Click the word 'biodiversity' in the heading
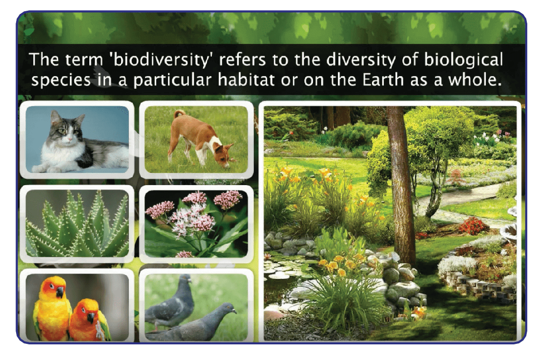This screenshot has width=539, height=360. pyautogui.click(x=161, y=60)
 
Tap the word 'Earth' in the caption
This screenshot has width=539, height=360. pyautogui.click(x=383, y=80)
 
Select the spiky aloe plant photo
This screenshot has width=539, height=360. pyautogui.click(x=77, y=224)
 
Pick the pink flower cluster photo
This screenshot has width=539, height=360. pyautogui.click(x=196, y=224)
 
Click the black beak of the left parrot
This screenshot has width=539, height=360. pyautogui.click(x=60, y=292)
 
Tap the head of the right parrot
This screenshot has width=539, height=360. pyautogui.click(x=88, y=311)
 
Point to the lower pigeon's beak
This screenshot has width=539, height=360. pyautogui.click(x=235, y=312)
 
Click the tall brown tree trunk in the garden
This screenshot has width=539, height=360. pyautogui.click(x=401, y=186)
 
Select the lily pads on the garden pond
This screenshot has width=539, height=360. pyautogui.click(x=282, y=269)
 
